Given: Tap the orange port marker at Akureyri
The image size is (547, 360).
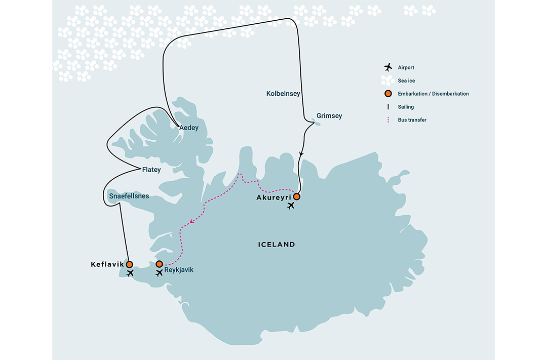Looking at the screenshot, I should [x=297, y=196].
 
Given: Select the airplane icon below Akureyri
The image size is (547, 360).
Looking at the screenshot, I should [x=290, y=206].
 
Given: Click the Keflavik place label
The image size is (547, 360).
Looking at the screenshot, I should [x=107, y=264].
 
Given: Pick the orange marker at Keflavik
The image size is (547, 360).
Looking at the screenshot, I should [x=129, y=264].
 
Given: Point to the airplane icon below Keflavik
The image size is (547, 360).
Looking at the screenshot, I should [x=130, y=273].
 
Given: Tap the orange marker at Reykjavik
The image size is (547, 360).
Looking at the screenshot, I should [x=159, y=264].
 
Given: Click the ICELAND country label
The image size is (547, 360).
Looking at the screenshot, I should [x=276, y=245].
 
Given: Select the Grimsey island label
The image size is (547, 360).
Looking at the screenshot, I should [x=329, y=116].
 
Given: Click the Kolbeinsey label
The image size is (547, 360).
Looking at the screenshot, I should [x=283, y=94].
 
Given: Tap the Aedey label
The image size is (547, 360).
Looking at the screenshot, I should [x=189, y=128].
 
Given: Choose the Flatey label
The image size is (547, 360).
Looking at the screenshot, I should [x=152, y=170].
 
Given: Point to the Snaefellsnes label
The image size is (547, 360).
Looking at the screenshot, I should [x=129, y=195].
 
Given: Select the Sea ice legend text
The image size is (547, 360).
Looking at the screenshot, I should [x=407, y=81].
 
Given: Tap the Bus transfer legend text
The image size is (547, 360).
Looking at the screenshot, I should [x=412, y=120].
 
